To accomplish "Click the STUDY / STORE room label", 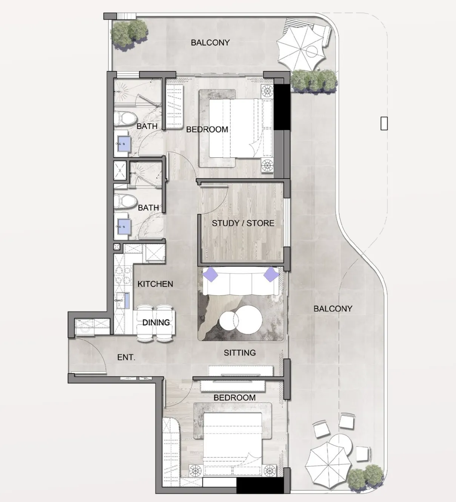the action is (x=243, y=223).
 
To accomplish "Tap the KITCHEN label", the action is (x=155, y=284).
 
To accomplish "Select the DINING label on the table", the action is (x=156, y=322).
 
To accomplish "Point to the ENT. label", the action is (x=126, y=357).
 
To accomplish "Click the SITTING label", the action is (x=240, y=353).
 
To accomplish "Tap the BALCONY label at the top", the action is (x=210, y=43).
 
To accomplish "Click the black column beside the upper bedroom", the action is (x=282, y=107).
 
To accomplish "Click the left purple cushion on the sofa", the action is (x=210, y=274).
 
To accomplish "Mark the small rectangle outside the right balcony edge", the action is (x=384, y=123).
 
